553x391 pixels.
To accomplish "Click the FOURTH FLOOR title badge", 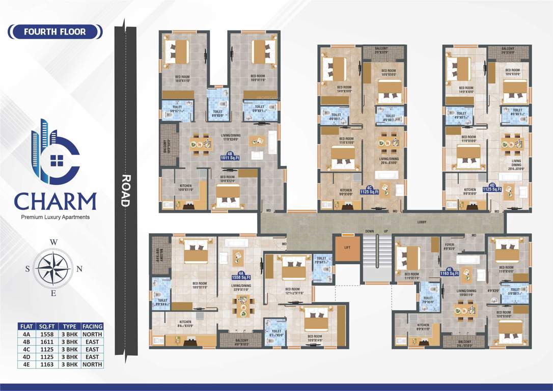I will pos(55,32).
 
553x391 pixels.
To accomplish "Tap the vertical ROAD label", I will pos(125,190).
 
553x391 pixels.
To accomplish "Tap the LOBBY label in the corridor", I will pos(421,222).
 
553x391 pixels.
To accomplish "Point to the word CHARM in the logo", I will pos(55,201).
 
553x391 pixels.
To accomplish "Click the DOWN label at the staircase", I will pos(370,232).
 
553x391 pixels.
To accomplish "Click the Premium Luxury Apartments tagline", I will pos(55,217).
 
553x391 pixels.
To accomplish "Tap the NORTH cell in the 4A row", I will pos(92,334).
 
